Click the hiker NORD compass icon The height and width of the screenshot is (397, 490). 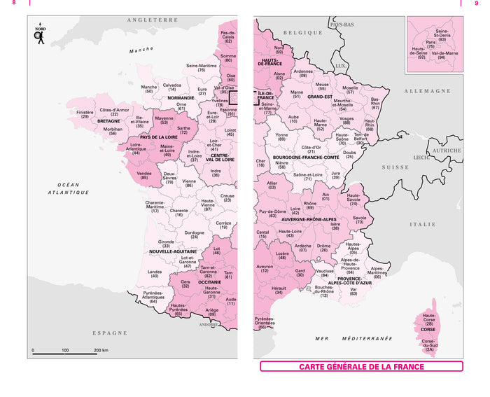click(40, 35)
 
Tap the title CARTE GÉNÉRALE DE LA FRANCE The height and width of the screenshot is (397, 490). click(361, 366)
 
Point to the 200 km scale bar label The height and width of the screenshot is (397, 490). click(101, 349)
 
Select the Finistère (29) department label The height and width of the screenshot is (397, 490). click(85, 114)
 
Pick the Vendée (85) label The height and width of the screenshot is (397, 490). click(144, 175)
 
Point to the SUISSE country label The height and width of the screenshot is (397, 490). click(395, 168)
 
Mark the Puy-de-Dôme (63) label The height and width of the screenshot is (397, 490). click(272, 213)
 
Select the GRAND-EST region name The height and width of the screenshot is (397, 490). click(318, 97)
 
